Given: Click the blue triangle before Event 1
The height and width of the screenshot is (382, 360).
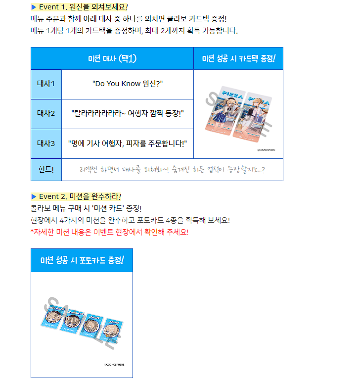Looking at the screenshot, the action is coord(33,7).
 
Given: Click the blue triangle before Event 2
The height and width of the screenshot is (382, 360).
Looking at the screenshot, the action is coord(33,196).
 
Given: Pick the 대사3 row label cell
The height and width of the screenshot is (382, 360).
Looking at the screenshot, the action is coord(46,143).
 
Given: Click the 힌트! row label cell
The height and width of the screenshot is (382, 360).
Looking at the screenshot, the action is coord(46,170).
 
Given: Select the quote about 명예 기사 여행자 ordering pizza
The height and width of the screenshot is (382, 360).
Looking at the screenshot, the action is coord(128,143).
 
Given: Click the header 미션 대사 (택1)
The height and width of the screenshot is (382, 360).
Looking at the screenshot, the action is coord(112,58).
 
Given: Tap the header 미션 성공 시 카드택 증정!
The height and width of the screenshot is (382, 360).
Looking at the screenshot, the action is coord(238,58).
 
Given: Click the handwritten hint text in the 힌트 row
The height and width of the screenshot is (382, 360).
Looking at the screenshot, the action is coord(172,170).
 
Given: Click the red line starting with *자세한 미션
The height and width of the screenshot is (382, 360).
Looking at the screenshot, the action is coord(109,232).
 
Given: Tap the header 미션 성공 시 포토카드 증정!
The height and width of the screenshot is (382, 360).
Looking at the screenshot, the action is coord(82,260).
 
